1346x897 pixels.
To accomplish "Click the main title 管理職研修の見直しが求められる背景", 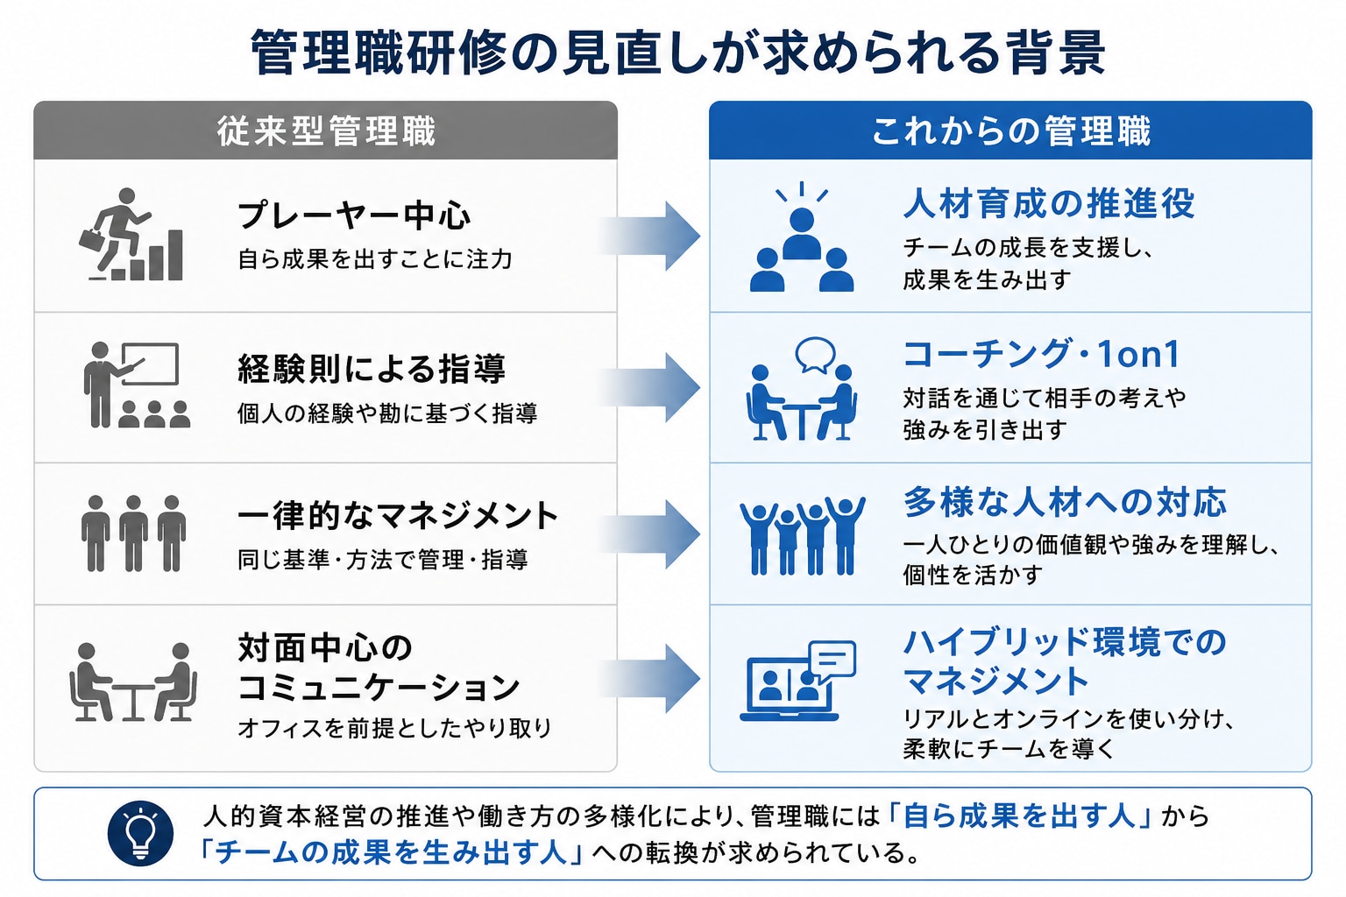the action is [677, 53].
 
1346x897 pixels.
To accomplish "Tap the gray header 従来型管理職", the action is [326, 131].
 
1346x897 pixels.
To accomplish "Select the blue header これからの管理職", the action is [1010, 131].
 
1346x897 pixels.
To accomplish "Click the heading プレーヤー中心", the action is [354, 215].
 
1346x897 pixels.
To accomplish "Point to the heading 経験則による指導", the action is [372, 368].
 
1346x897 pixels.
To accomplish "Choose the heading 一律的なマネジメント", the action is [398, 515].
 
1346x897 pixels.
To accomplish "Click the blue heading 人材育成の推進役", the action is [1049, 203].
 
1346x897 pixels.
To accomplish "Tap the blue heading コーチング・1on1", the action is [1042, 354].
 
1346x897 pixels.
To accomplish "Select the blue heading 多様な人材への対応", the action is [1065, 502].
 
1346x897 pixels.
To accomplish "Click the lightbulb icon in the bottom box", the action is [140, 833].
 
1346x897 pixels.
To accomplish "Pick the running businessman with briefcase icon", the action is [131, 234].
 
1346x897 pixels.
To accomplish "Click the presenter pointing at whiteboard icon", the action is [136, 385].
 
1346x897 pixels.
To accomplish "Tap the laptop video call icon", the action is [798, 681].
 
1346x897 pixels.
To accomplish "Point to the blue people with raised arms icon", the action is [802, 534].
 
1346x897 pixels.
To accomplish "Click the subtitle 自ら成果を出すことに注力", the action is [375, 259].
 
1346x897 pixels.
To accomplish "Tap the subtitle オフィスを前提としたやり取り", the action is [395, 728].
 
